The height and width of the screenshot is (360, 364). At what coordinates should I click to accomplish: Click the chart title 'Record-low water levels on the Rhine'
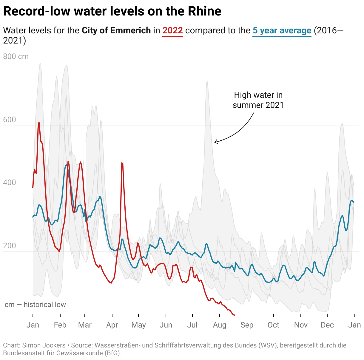(112, 11)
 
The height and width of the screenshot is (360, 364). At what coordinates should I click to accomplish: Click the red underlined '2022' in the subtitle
(172, 30)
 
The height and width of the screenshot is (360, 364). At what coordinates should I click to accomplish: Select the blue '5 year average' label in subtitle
(282, 30)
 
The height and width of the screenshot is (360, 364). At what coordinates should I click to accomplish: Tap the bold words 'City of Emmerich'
(116, 30)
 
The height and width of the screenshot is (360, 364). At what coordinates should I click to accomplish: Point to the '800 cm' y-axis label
(16, 56)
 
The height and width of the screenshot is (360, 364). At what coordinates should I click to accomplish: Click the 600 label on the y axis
(10, 120)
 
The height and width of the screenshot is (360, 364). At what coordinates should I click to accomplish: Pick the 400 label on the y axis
(10, 183)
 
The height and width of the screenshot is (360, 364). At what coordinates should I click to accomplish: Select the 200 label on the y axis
(10, 246)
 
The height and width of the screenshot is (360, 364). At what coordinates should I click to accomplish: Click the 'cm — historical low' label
(35, 305)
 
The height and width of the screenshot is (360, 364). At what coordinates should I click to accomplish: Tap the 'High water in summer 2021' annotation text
(258, 100)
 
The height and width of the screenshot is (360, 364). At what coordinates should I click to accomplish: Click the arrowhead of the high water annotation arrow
(215, 142)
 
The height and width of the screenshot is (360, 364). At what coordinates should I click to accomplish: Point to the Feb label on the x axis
(60, 325)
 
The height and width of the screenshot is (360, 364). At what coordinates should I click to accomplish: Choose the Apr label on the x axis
(112, 325)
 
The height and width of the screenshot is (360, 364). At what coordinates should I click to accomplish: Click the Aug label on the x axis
(220, 325)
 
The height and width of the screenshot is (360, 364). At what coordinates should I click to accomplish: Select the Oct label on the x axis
(273, 325)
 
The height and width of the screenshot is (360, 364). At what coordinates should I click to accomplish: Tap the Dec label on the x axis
(327, 325)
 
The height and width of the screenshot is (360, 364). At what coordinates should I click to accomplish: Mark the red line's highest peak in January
(39, 122)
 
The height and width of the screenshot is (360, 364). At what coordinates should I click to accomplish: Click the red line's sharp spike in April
(122, 163)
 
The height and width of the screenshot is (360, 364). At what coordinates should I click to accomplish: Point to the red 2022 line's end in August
(235, 315)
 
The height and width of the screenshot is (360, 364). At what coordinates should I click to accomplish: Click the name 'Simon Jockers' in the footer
(44, 345)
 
